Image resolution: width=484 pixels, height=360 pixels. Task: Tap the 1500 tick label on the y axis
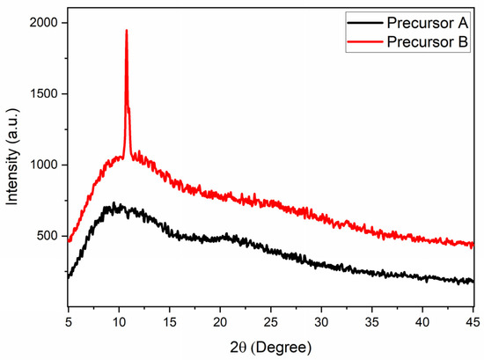point(45,94)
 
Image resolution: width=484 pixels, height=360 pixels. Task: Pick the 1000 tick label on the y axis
point(45,165)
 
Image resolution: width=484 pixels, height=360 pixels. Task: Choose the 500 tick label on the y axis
point(48,236)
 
